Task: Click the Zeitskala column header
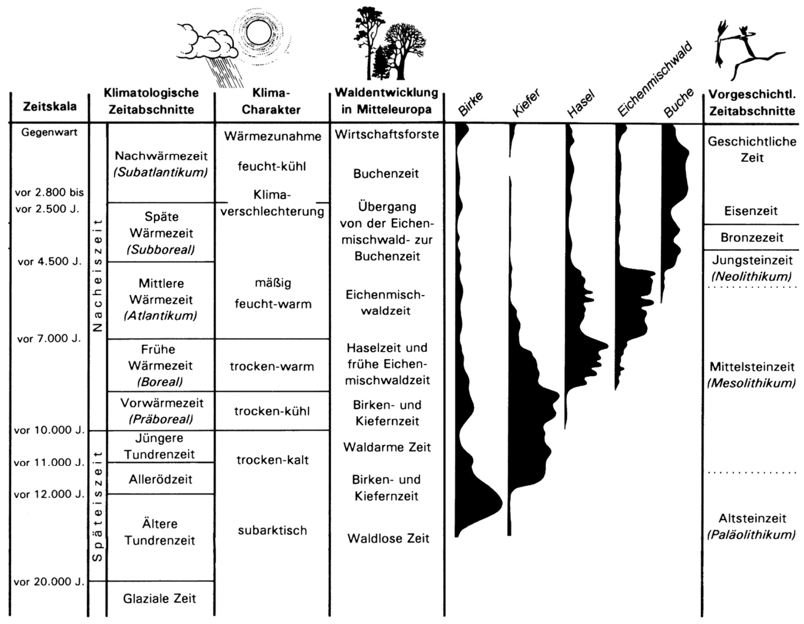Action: pyautogui.click(x=50, y=106)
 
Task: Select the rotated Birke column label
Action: pyautogui.click(x=471, y=104)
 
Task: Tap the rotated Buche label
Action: pyautogui.click(x=678, y=103)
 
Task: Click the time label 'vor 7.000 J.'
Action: pyautogui.click(x=49, y=339)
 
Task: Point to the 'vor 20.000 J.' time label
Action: pyautogui.click(x=49, y=582)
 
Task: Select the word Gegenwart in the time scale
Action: pyautogui.click(x=50, y=132)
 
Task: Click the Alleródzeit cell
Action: pyautogui.click(x=160, y=479)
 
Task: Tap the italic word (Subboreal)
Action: pyautogui.click(x=161, y=250)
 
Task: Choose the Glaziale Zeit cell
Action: pyautogui.click(x=159, y=599)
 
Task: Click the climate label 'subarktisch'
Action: pyautogui.click(x=272, y=531)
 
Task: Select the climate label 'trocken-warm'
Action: pyautogui.click(x=272, y=367)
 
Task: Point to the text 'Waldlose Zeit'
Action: pyautogui.click(x=388, y=538)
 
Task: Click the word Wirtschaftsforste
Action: pyautogui.click(x=387, y=134)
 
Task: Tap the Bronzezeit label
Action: pyautogui.click(x=752, y=238)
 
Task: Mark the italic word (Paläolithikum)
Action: pyautogui.click(x=751, y=535)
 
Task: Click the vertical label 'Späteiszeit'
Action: pyautogui.click(x=97, y=506)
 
